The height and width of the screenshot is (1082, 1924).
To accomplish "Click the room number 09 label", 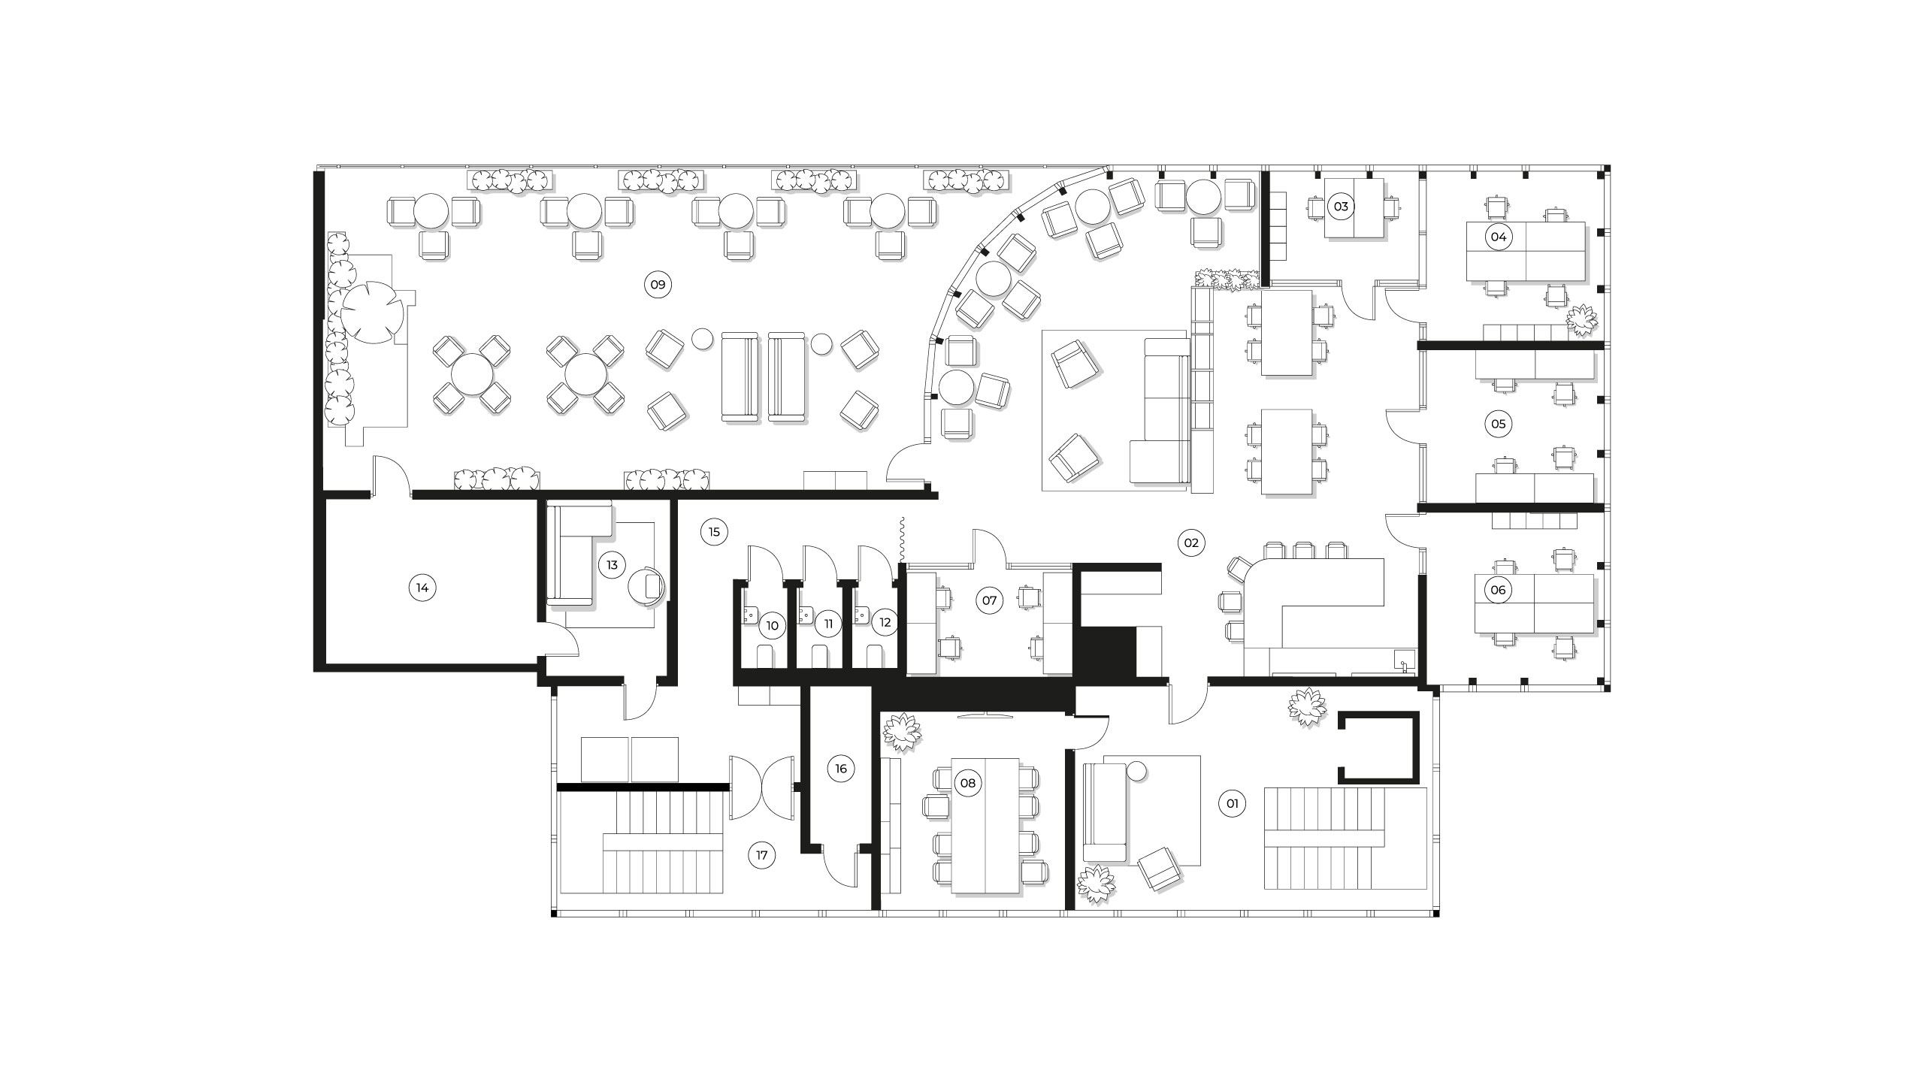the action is point(658,285).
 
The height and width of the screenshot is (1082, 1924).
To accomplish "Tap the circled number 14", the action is point(422,588).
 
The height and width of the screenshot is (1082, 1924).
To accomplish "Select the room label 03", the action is point(1341,206).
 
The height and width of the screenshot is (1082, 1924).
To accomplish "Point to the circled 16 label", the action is point(841,769).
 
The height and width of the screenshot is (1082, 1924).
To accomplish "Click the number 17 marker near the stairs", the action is point(762,855).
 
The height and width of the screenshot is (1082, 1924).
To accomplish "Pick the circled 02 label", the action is point(1191,543).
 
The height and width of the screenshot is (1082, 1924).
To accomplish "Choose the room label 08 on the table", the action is point(968,784).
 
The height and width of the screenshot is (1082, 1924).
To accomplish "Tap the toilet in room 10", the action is point(764,655).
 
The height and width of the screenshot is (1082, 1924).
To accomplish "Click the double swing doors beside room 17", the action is point(762,787).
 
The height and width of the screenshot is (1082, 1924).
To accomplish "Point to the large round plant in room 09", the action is point(370,313).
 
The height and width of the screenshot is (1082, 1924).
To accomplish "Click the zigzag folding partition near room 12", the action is point(901,539).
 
